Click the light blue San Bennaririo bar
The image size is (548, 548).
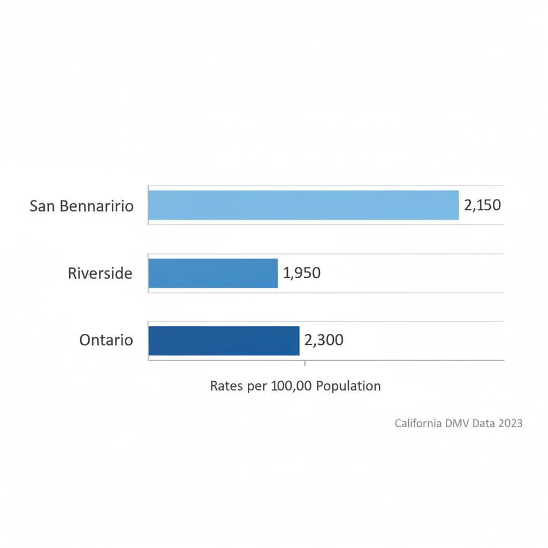point(303,205)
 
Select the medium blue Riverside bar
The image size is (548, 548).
point(213,273)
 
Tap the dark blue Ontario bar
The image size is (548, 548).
point(224,340)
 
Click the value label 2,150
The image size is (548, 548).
point(482,205)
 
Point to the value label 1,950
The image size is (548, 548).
point(302,273)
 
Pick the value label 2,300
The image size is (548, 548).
point(324,340)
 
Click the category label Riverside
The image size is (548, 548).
point(100,273)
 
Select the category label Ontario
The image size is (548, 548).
point(106,340)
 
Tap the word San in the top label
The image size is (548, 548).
point(42,205)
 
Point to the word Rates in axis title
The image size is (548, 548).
point(226,386)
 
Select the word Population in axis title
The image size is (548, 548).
point(348,386)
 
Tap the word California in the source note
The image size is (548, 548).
point(418,423)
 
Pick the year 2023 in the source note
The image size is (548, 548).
point(510,423)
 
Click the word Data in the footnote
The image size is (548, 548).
point(483,423)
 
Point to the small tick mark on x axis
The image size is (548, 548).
point(305,363)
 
